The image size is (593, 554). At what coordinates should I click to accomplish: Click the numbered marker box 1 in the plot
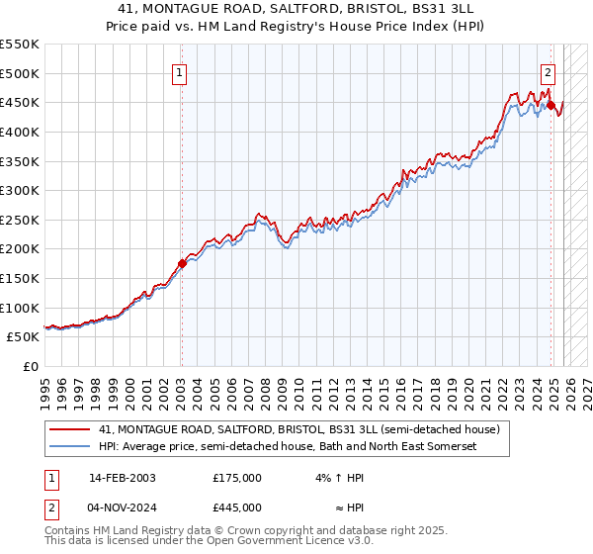(181, 71)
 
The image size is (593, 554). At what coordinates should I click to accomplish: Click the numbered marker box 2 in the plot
(548, 71)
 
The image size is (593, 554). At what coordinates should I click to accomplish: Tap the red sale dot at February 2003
(182, 263)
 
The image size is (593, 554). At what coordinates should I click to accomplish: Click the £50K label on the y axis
(23, 336)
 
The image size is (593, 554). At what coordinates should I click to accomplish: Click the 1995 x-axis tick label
(45, 386)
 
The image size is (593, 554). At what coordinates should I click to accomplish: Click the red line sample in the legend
(69, 430)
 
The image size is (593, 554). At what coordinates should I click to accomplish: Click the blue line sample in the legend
(69, 447)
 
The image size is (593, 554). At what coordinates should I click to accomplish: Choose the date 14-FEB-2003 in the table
(122, 477)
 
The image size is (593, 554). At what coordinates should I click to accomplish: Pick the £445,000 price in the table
(237, 507)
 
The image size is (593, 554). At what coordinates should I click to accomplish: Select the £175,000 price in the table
(237, 477)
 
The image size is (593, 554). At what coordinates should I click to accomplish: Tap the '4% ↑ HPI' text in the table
(336, 477)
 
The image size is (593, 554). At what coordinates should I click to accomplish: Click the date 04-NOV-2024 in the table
(122, 507)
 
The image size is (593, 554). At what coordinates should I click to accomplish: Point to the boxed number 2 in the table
(50, 507)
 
